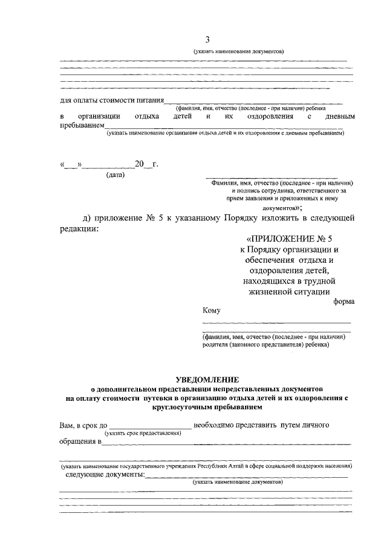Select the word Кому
[212, 311]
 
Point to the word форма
[343, 301]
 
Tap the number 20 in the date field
[140, 164]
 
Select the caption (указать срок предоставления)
[143, 434]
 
